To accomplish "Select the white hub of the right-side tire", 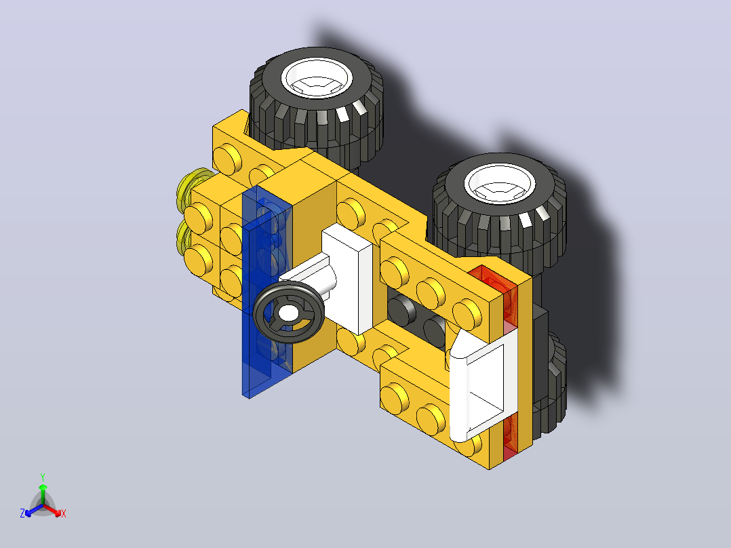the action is pyautogui.click(x=500, y=184).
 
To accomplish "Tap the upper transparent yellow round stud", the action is pyautogui.click(x=192, y=187).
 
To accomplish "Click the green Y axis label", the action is pyautogui.click(x=43, y=477).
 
